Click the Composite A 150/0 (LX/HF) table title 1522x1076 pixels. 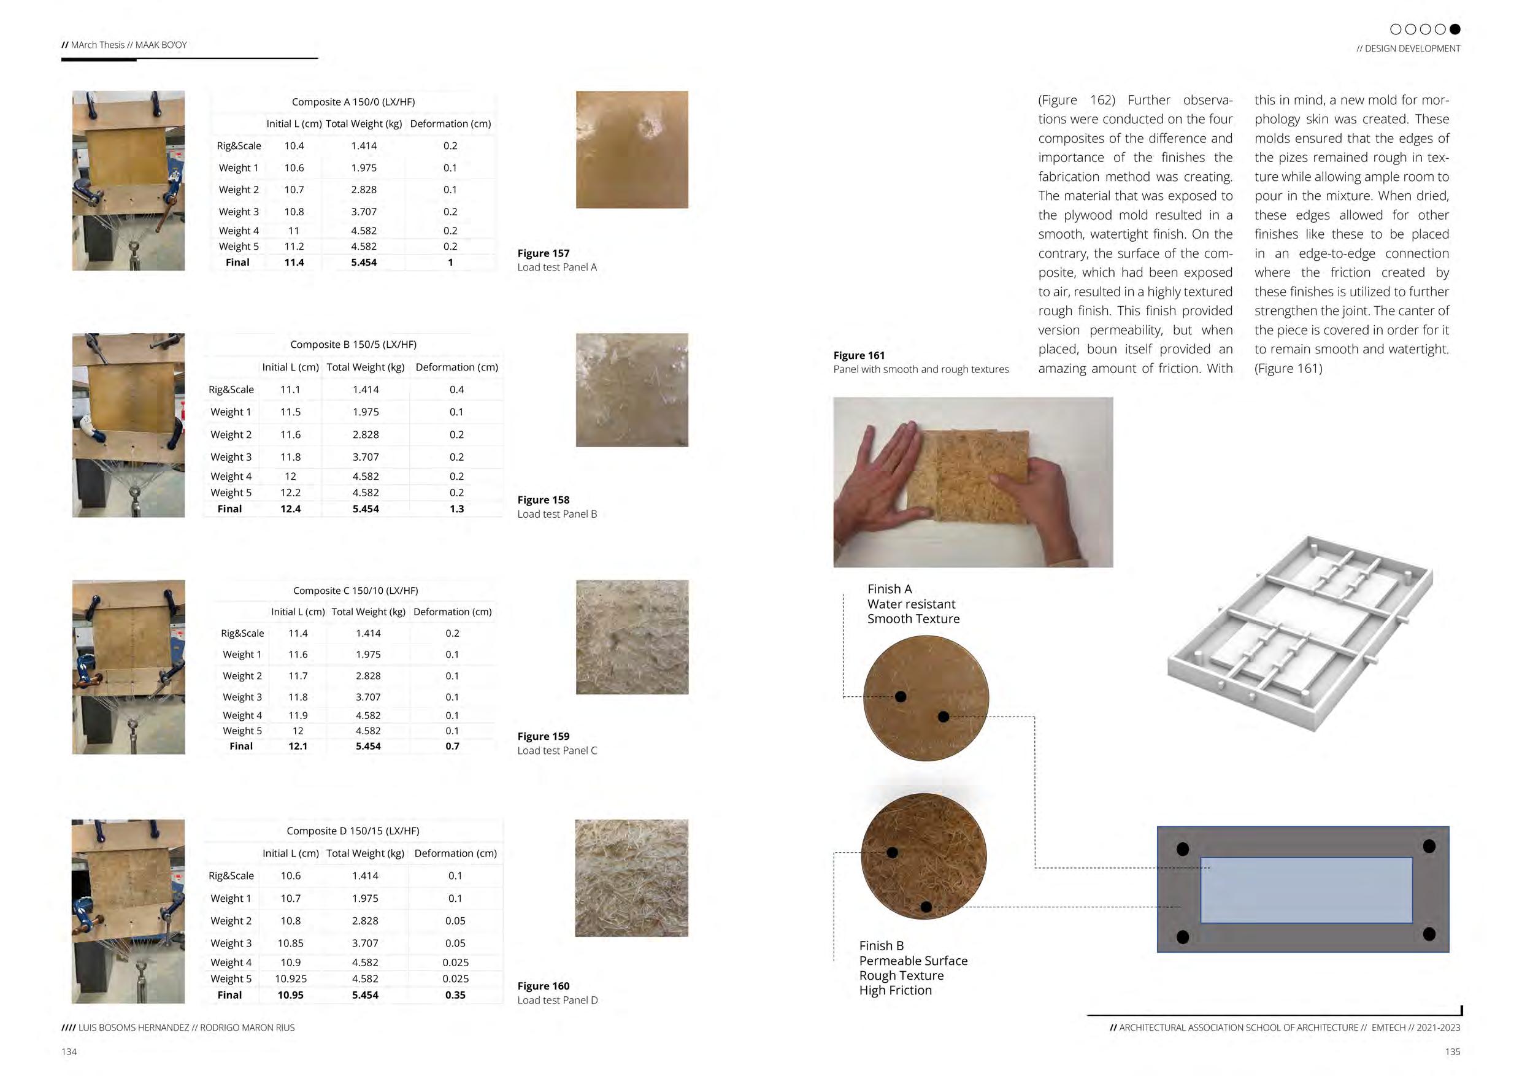pos(353,101)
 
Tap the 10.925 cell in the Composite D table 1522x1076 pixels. pos(290,978)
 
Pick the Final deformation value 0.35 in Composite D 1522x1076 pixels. pos(455,994)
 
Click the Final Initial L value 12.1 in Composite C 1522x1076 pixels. pos(298,746)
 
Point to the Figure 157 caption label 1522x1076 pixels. pos(543,253)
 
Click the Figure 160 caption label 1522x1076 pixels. pos(543,986)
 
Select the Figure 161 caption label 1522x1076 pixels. pos(858,355)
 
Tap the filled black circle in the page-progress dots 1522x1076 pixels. pos(1455,29)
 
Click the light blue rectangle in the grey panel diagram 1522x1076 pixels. pos(1306,890)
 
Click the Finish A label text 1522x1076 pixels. pos(890,589)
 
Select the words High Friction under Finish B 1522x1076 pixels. pos(895,990)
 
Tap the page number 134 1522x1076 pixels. pos(69,1051)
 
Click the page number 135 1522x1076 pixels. pos(1453,1051)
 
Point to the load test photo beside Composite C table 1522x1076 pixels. pos(129,667)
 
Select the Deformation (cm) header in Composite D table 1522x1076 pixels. pos(455,853)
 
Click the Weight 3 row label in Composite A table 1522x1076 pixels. pos(239,212)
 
